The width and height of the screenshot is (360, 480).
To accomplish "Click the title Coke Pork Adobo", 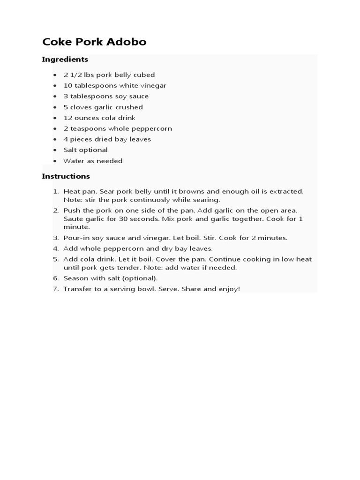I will pos(94,42).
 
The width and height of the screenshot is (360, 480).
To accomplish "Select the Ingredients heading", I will pos(65,60).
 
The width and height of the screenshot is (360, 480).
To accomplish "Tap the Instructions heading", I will pos(66,176).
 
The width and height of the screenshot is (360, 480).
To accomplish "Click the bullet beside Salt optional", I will pos(54,150).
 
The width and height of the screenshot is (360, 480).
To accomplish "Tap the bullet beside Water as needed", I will pos(54,161).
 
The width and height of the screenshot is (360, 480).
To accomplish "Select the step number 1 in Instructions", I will pos(55,191).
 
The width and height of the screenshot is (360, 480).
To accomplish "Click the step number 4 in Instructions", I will pos(55,248).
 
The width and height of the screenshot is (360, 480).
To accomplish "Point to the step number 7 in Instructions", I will pos(55,289).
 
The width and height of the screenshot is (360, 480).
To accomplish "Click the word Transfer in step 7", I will pos(77,289).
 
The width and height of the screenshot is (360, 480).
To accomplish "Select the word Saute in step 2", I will pos(73,219).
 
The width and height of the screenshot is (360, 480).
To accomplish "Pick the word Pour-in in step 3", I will pos(76,238).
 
